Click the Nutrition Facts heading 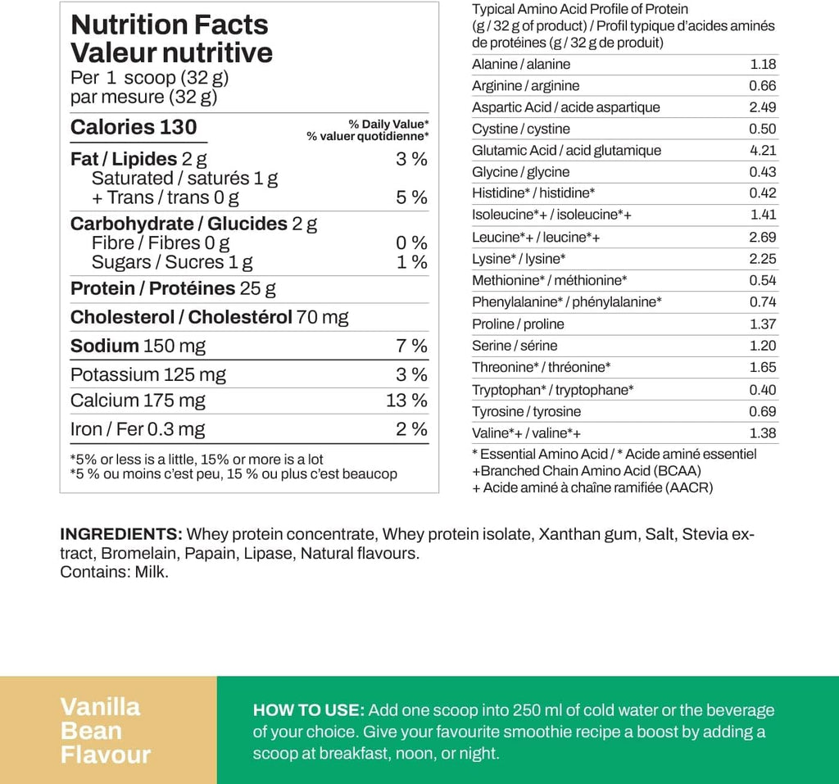point(170,25)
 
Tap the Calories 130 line point(134,127)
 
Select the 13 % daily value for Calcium point(406,401)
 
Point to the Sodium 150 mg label point(138,346)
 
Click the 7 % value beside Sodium point(411,346)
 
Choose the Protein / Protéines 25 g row point(173,288)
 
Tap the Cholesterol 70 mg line point(209,317)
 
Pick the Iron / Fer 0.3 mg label point(138,429)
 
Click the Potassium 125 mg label point(148,374)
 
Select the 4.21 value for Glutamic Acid point(763,151)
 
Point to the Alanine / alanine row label point(521,65)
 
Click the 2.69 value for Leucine point(763,238)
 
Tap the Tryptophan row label point(553,390)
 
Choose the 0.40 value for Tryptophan point(763,390)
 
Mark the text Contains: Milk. point(114,572)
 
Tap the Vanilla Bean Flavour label point(106,730)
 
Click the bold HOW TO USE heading point(308,710)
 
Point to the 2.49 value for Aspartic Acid point(763,107)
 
